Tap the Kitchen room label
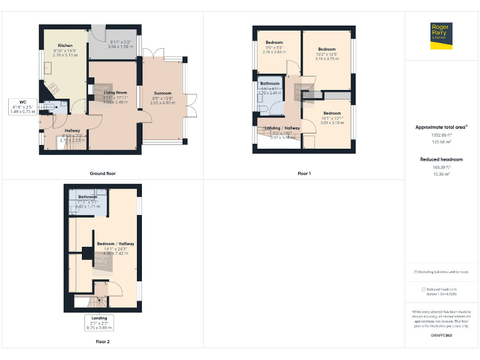pos(66,46)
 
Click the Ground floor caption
pos(102,173)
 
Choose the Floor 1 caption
pos(304,173)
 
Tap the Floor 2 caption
pos(102,342)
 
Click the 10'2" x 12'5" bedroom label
pos(326,49)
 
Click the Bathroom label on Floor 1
pos(270,84)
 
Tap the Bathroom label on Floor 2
pos(88,197)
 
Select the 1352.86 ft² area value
pos(441,135)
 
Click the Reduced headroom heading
pos(441,159)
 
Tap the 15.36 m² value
pos(441,174)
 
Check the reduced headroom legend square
pos(424,289)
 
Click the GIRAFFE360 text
pos(441,336)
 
